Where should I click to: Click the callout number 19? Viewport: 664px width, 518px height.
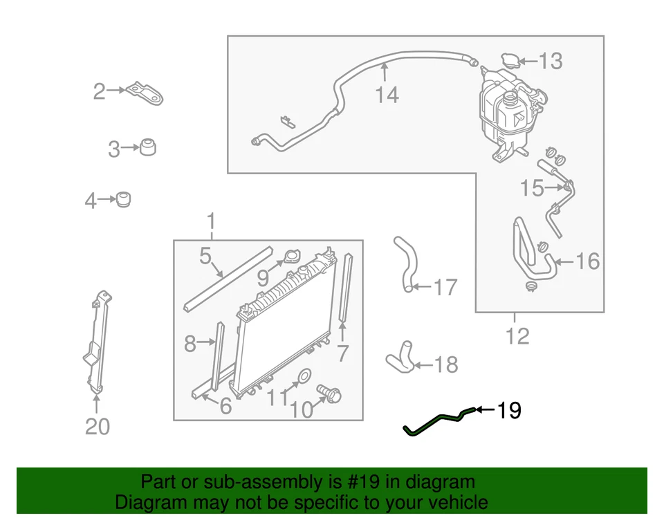(x=508, y=411)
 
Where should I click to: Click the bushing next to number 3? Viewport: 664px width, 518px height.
(x=147, y=147)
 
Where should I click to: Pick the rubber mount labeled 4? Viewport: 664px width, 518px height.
(x=124, y=199)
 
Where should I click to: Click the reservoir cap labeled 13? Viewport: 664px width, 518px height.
(x=510, y=60)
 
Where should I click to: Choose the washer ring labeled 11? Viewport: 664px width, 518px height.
(x=303, y=378)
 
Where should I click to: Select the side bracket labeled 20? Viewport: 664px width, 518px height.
(x=96, y=343)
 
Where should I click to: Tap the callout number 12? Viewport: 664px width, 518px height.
(x=517, y=336)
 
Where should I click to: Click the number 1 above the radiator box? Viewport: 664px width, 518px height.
(x=211, y=223)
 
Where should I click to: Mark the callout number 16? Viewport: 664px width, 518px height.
(x=587, y=261)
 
